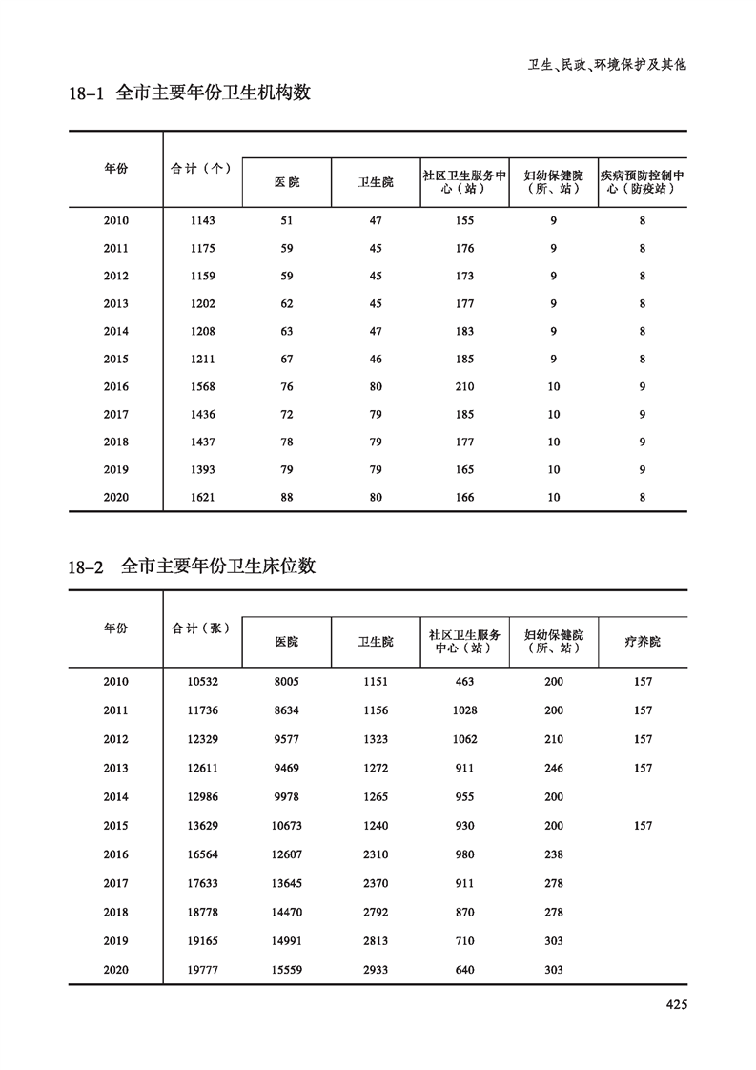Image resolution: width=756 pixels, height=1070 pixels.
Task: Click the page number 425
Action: [x=676, y=1003]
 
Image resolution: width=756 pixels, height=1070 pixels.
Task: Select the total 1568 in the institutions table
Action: [x=203, y=387]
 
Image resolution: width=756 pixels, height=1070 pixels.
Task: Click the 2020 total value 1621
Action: [x=203, y=498]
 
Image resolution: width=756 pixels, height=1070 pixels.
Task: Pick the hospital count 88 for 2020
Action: [x=286, y=498]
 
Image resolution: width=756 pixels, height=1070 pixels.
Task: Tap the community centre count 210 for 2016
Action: [x=464, y=387]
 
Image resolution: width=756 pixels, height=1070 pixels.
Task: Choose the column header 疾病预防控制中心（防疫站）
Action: [x=643, y=182]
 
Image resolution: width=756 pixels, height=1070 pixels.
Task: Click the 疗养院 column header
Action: [x=643, y=642]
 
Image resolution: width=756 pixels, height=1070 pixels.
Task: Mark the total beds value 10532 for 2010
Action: [x=203, y=682]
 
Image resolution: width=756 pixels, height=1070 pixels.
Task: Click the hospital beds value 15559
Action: [x=286, y=970]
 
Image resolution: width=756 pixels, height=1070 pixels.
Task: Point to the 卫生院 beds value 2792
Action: [x=376, y=913]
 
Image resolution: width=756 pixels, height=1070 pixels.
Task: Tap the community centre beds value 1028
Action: [x=464, y=710]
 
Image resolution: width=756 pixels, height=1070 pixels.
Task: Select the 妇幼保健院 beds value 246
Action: [x=553, y=769]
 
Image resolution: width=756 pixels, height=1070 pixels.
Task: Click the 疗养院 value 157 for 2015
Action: [x=643, y=826]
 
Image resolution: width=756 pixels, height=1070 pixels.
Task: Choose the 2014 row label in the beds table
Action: [x=115, y=797]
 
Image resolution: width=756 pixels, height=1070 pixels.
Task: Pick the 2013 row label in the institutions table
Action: [x=115, y=304]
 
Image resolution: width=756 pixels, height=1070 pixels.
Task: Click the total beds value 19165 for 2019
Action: [x=203, y=941]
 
